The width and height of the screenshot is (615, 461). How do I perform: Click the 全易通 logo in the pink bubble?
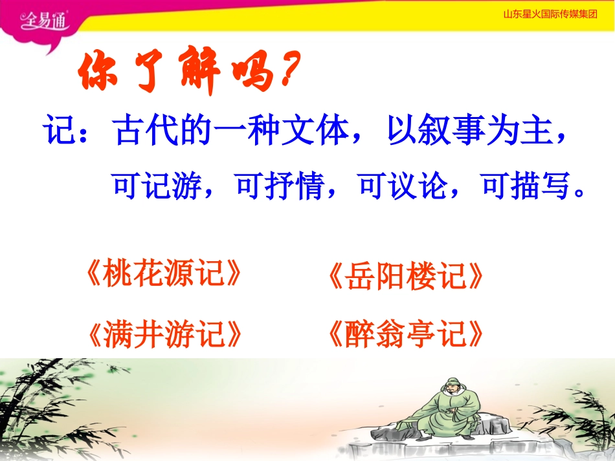(44, 20)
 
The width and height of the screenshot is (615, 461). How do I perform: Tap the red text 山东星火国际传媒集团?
(550, 14)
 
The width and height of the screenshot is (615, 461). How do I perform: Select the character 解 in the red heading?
(199, 70)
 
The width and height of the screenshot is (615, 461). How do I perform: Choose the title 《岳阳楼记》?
(405, 276)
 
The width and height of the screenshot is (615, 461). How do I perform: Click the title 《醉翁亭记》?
(405, 334)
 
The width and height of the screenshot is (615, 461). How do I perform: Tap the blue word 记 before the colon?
(58, 130)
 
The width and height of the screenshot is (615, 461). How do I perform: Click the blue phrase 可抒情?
(280, 186)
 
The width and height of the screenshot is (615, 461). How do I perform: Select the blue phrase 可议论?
(403, 186)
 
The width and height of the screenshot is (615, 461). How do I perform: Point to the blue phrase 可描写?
(526, 186)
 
